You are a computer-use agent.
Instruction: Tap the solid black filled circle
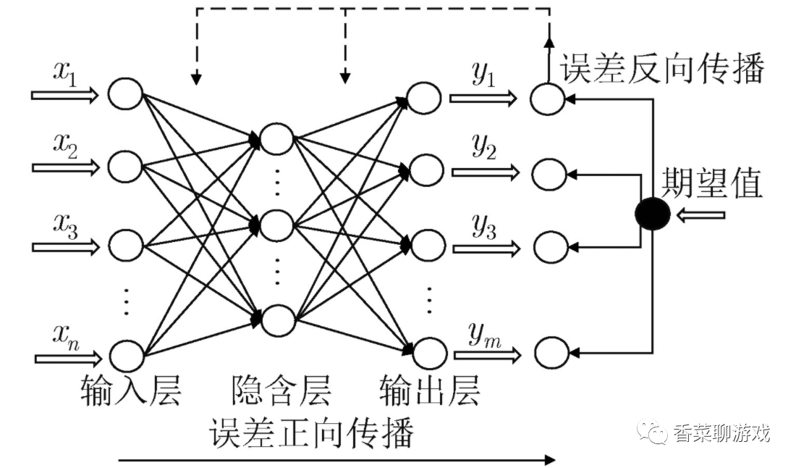653,214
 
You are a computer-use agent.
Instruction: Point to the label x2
66,146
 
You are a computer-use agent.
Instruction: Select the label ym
484,335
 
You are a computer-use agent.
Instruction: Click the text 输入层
131,390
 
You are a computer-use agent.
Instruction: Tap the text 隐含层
281,390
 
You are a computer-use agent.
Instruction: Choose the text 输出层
429,390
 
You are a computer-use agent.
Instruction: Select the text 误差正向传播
312,433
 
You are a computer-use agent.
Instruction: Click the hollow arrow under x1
65,95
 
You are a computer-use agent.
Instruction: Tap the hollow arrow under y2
486,172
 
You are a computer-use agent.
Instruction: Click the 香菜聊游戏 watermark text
721,433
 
